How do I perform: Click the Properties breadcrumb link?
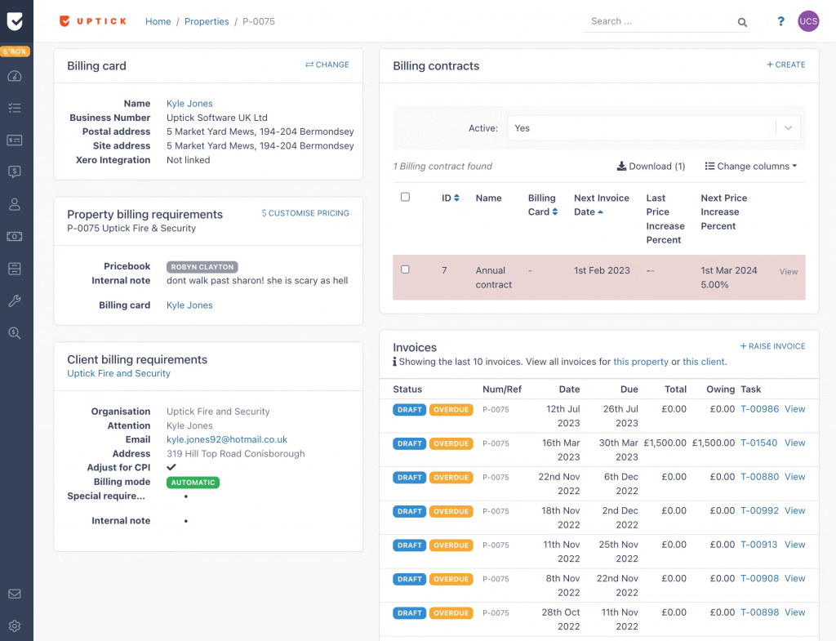[207, 21]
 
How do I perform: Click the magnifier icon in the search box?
[742, 23]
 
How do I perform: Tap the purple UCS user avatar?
[807, 22]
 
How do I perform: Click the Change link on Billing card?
[327, 65]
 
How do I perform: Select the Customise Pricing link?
[305, 213]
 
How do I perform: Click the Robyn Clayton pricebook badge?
[202, 267]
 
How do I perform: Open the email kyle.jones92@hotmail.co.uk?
[226, 439]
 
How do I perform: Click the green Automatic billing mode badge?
[193, 483]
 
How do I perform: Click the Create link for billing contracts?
[785, 65]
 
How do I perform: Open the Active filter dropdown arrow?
[788, 128]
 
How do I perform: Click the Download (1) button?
[651, 166]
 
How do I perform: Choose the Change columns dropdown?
[751, 166]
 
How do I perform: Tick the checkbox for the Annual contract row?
[405, 269]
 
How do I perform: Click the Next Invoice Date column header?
[601, 205]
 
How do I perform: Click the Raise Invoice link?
[772, 346]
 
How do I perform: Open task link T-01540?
[759, 443]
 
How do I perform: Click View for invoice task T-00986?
[794, 409]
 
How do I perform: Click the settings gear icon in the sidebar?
[15, 626]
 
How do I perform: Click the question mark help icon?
[780, 22]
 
